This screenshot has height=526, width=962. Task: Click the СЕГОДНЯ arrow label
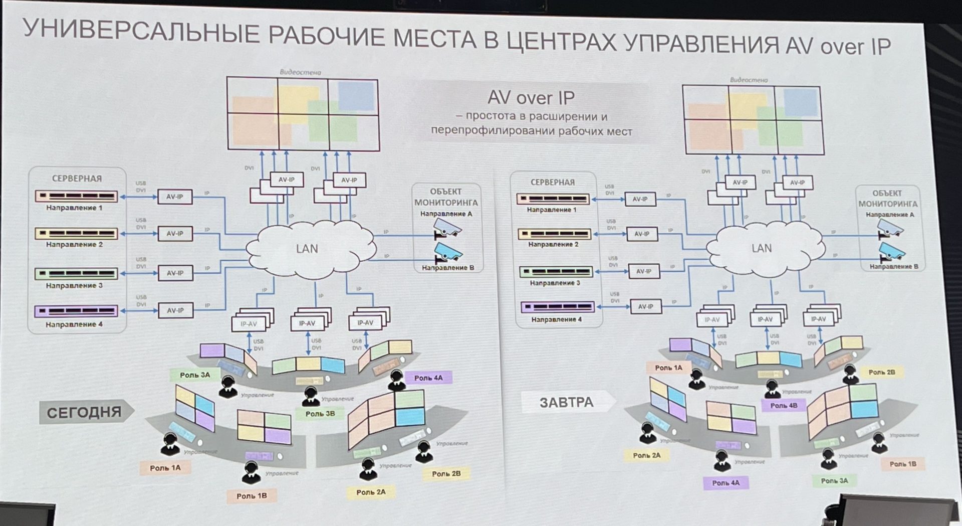point(84,412)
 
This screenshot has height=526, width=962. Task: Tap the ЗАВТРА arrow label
point(566,402)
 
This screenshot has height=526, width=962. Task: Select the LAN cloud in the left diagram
point(307,249)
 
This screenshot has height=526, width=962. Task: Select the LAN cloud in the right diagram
point(762,248)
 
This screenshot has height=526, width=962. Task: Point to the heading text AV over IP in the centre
point(531,98)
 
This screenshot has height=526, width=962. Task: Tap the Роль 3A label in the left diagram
point(195,375)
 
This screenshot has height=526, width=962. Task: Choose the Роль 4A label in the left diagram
point(428,378)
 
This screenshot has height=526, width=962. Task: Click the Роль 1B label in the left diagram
point(252,495)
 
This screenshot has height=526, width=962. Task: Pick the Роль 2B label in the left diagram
point(446,473)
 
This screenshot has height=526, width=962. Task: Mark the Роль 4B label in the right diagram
point(784,405)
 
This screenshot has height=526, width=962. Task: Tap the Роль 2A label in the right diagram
point(646,455)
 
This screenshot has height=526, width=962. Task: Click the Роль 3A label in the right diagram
point(834,480)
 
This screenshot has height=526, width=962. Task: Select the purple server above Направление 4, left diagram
point(76,311)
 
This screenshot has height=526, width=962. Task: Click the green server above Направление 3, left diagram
point(76,273)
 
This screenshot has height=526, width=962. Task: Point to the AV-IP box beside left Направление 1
point(175,197)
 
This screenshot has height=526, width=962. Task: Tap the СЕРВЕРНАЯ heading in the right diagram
point(553,182)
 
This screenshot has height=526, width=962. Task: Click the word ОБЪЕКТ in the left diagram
point(445,192)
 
